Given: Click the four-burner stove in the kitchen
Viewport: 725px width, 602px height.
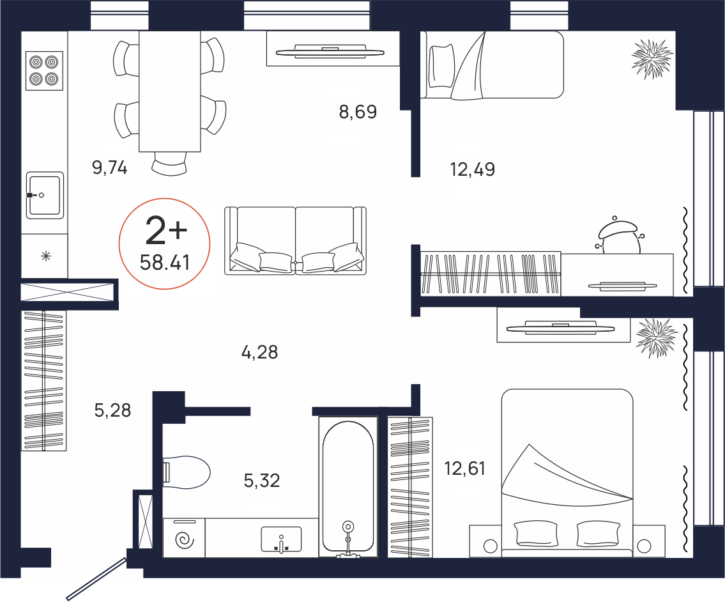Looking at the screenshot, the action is pos(44,70).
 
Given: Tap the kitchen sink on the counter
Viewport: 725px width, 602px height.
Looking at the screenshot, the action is pos(45,196).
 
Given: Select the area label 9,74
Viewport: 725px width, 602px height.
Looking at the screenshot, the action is pos(110,167).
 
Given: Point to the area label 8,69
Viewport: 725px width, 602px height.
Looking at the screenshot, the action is pos(358,111).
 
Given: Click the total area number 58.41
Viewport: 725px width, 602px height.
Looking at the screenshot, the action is pos(165,263).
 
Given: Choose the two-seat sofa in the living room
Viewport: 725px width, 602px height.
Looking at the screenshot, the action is pos(296,241).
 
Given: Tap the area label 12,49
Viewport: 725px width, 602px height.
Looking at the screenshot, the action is pos(473,169).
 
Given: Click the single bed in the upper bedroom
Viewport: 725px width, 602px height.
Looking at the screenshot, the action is pos(492,65).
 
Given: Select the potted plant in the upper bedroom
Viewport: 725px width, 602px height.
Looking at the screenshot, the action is pos(652,59).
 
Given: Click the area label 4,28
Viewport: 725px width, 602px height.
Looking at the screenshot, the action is pos(259,353).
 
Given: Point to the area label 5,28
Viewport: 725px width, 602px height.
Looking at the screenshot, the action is pos(112,410).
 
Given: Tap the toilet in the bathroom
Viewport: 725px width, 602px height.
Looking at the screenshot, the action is pos(187,472).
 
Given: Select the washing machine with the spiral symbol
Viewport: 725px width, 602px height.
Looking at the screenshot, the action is pos(184,537).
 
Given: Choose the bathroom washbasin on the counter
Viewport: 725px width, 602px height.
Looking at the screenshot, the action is pos(281,539).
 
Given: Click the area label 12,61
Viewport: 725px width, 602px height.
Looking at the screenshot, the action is pos(464,468).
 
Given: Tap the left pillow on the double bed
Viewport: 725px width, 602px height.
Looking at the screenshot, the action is pos(536,533).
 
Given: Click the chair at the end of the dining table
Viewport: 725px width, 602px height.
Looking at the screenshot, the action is pos(170,164).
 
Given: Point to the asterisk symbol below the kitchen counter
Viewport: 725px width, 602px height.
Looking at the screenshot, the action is pos(46,256).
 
